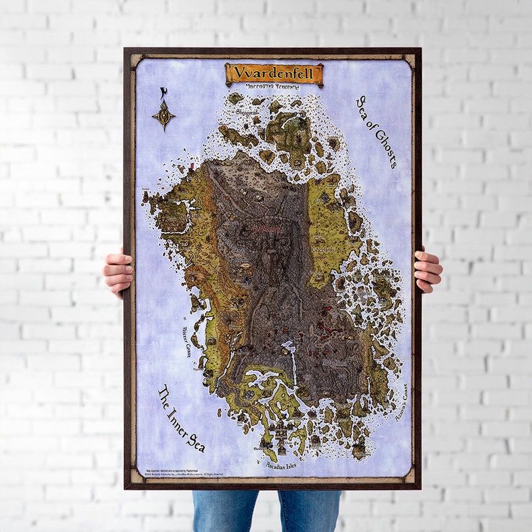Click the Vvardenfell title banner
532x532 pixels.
[x=274, y=73]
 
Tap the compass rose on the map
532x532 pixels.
[x=163, y=115]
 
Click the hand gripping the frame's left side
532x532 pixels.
[x=118, y=271]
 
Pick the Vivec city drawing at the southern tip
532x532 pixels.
[x=281, y=436]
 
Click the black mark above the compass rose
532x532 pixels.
[x=163, y=92]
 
